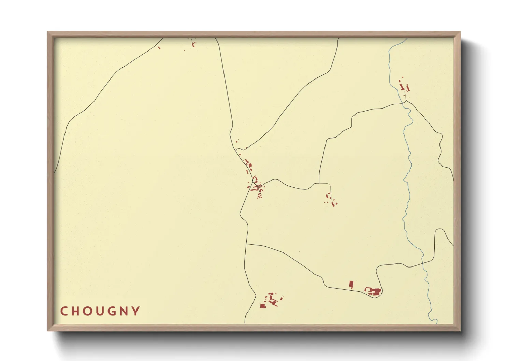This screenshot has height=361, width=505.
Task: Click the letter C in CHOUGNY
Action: (x=64, y=311)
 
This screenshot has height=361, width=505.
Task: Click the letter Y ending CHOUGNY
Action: (x=136, y=311)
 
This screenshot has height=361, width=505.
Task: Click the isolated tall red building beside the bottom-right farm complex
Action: (x=351, y=285)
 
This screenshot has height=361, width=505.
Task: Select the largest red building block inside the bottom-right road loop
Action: (x=376, y=292)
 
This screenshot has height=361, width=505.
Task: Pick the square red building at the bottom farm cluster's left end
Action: (x=262, y=306)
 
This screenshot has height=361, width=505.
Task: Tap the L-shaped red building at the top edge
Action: (x=193, y=44)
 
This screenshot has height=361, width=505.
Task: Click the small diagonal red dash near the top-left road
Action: (x=159, y=48)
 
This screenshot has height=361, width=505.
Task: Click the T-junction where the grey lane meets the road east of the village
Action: (x=319, y=184)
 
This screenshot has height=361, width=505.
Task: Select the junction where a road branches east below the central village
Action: (x=246, y=244)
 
